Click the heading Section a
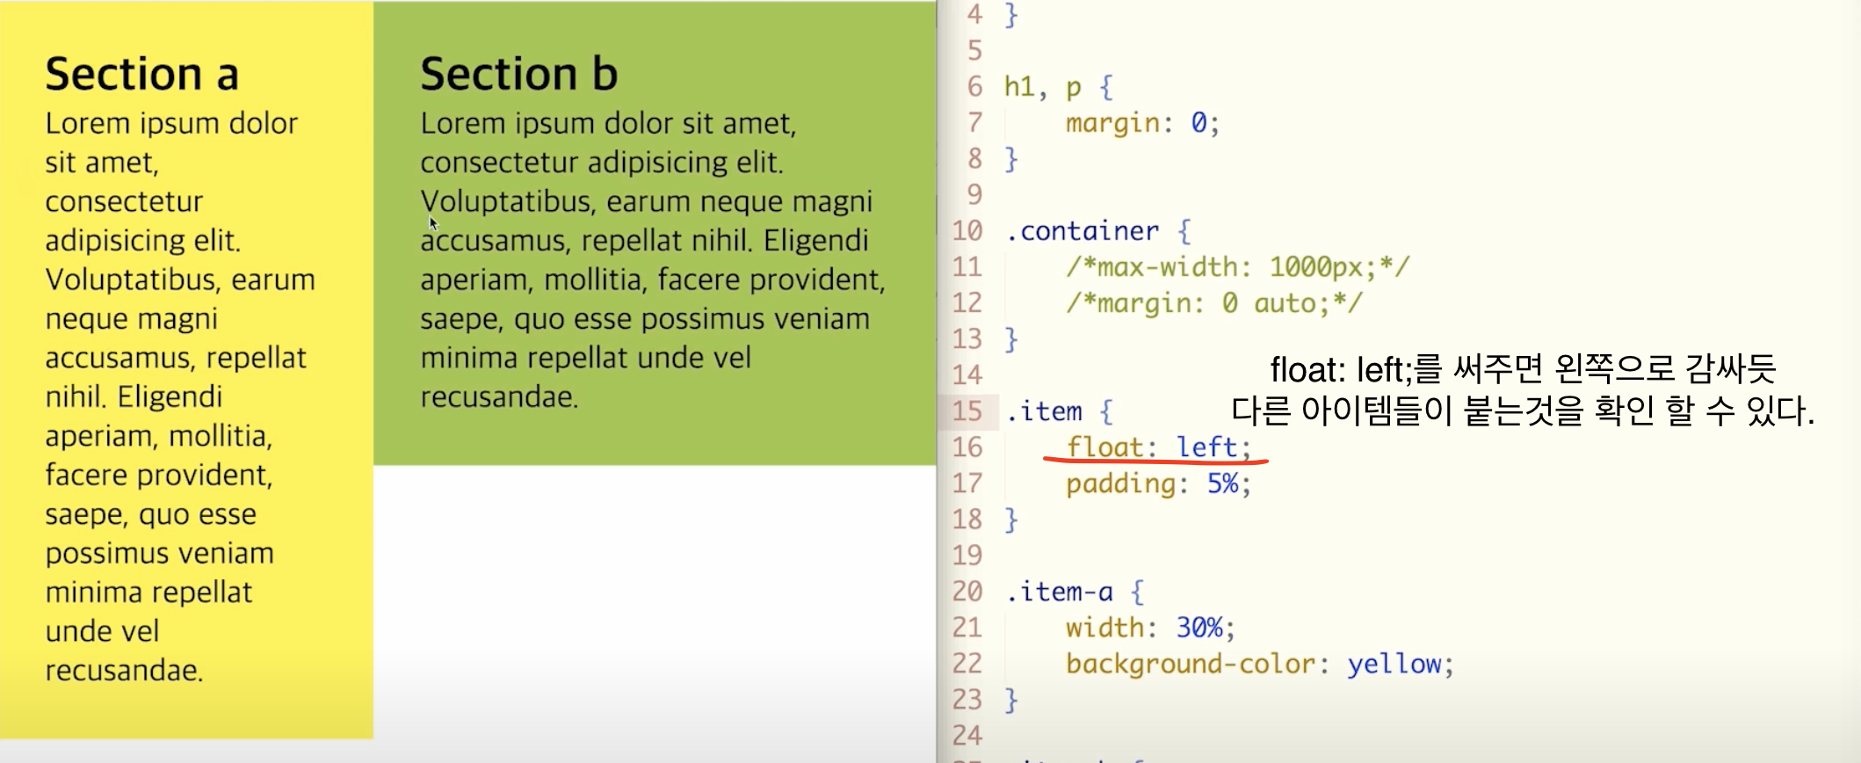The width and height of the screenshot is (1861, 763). point(141,74)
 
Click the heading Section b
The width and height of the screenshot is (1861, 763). point(518,74)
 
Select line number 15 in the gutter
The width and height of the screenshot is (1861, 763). point(967,411)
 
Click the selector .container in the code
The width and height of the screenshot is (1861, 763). point(1083,231)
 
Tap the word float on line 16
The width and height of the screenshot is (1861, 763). point(1104,447)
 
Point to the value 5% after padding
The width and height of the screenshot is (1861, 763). point(1222,483)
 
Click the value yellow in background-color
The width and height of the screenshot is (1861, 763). point(1394,664)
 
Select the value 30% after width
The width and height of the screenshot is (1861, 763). point(1199,628)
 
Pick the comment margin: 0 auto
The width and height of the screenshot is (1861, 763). point(1213,303)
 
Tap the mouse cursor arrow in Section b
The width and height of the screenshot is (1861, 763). point(432,222)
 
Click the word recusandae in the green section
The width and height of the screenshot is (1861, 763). point(498,397)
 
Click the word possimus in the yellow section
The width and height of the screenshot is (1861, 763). point(97,554)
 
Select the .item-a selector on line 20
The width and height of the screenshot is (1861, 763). point(1059,592)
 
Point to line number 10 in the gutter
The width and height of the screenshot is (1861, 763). point(967,231)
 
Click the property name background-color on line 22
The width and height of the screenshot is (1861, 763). point(1191,664)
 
